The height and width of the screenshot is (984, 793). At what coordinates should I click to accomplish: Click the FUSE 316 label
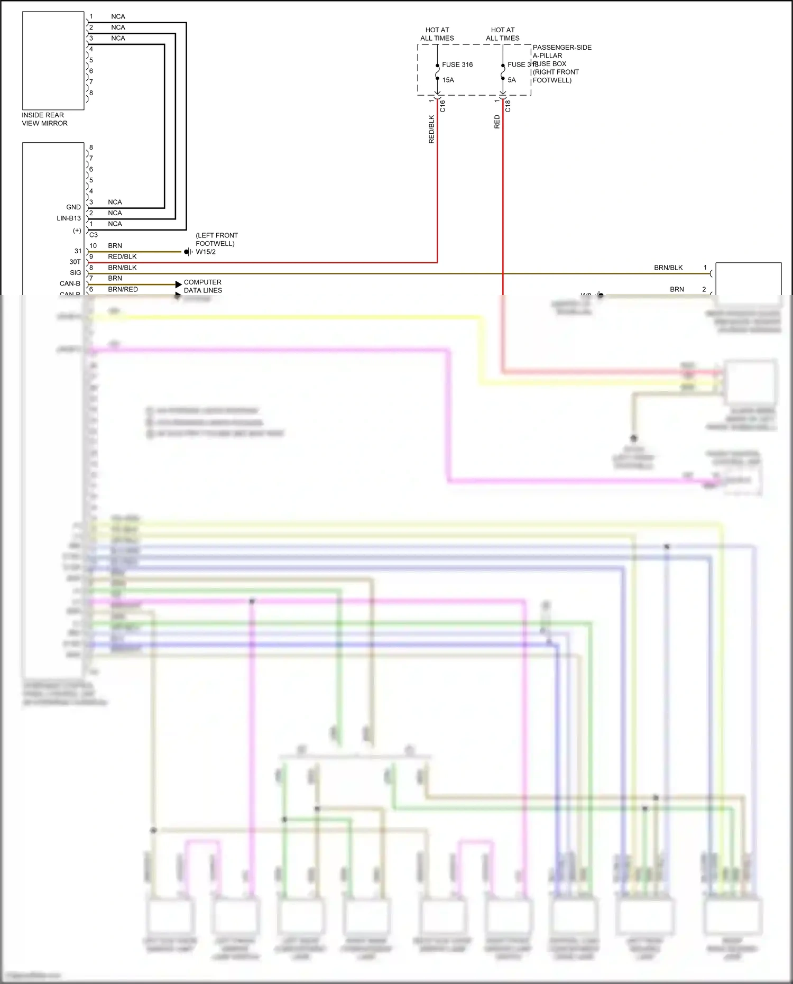[x=457, y=65]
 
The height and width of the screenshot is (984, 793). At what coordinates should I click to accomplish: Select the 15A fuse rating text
[x=448, y=80]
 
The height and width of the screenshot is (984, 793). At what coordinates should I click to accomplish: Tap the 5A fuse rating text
[x=511, y=80]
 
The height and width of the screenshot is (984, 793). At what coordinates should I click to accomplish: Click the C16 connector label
[x=442, y=106]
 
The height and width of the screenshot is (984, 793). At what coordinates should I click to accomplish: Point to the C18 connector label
[x=508, y=106]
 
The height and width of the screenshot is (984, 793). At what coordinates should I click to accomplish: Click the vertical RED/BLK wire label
[x=431, y=130]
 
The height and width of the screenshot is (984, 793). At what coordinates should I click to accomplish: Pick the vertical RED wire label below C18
[x=497, y=122]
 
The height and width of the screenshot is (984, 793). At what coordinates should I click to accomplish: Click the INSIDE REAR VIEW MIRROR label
[x=44, y=119]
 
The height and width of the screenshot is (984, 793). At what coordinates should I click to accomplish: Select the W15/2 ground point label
[x=206, y=252]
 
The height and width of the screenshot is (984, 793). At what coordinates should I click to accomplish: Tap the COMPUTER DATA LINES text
[x=202, y=286]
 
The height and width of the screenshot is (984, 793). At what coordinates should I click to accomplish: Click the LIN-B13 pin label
[x=69, y=218]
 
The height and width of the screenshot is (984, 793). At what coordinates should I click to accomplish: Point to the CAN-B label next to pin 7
[x=70, y=283]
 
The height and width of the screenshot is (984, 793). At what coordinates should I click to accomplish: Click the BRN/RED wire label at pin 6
[x=123, y=289]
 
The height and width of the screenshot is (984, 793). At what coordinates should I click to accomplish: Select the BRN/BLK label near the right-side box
[x=668, y=268]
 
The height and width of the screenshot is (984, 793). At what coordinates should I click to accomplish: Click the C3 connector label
[x=94, y=235]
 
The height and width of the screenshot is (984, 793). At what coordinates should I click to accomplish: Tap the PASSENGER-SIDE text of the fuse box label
[x=562, y=48]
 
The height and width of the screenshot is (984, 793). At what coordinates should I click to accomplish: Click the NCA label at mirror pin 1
[x=118, y=16]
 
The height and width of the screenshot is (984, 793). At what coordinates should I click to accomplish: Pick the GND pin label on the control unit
[x=73, y=207]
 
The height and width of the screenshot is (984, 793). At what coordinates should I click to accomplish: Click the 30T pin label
[x=75, y=262]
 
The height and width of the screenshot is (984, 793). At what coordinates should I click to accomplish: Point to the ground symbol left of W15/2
[x=188, y=252]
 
